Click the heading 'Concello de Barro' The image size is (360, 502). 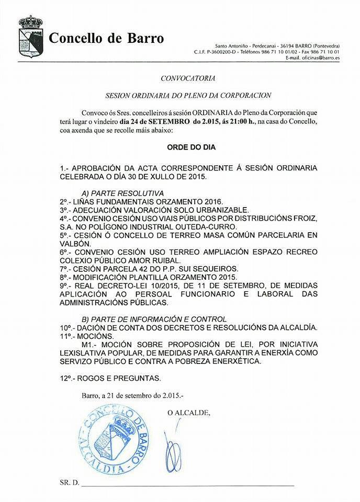[106, 38]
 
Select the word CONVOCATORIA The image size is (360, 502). [180, 78]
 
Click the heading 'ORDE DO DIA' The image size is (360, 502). [180, 148]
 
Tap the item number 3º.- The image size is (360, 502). [67, 210]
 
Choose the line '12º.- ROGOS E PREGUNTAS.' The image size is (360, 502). [110, 377]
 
